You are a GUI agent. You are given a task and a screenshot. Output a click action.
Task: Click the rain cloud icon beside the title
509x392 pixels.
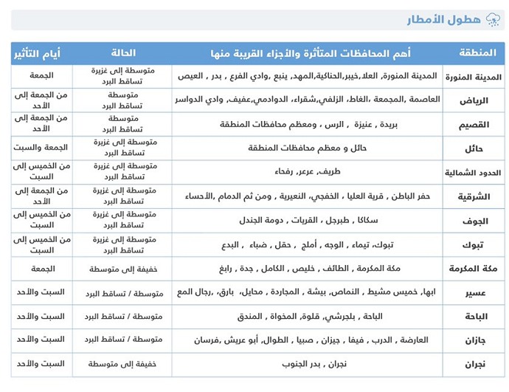[491, 20]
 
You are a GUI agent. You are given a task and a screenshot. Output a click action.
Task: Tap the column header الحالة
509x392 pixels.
[122, 53]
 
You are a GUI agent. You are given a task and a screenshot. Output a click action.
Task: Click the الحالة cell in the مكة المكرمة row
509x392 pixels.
[123, 269]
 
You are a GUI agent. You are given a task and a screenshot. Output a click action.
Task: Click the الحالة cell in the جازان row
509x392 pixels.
[123, 340]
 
